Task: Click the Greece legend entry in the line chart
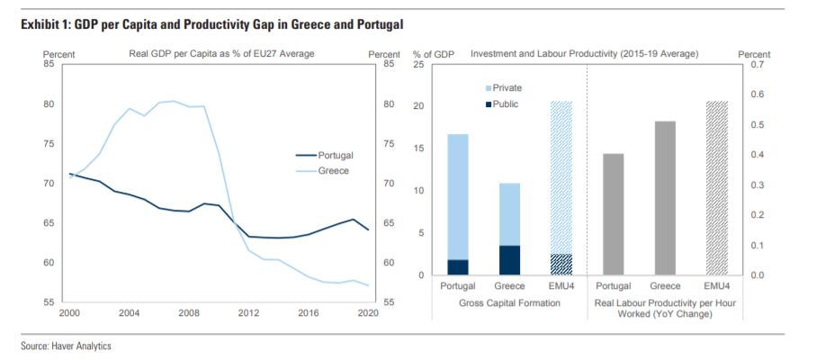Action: coord(332,170)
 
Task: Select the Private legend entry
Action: coord(507,88)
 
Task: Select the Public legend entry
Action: coord(505,104)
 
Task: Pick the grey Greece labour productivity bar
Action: coord(665,198)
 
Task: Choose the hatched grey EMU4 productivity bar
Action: coord(717,188)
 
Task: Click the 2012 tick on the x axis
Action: coord(248,313)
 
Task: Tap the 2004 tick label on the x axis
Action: coord(129,313)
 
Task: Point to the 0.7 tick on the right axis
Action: coord(754,65)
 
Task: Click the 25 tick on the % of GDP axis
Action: coord(419,65)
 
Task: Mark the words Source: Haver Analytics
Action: coord(66,346)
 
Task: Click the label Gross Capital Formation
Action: coord(509,303)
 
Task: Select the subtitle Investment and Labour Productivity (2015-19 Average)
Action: coord(584,54)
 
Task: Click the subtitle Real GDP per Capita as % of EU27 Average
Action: coord(220,54)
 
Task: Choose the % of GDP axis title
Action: coord(433,54)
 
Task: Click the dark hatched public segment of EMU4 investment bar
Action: coord(560,265)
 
